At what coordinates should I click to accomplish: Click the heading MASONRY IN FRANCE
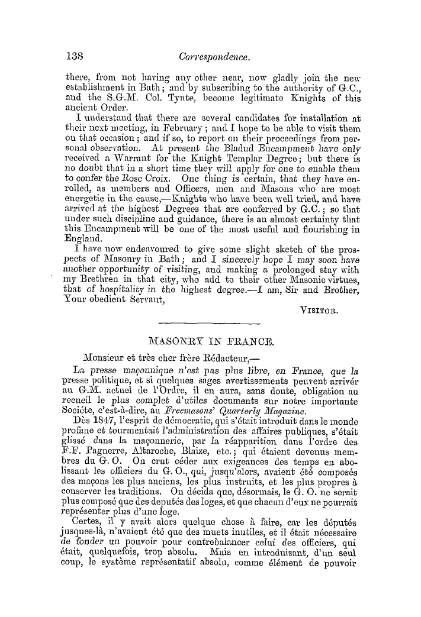click(211, 341)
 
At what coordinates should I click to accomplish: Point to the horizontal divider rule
click(210, 322)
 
